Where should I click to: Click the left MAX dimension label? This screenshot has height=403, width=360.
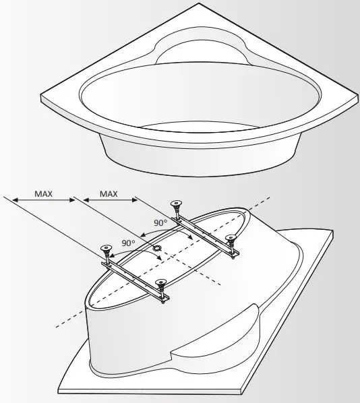(x=44, y=194)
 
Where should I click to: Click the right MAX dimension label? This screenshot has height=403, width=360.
(x=109, y=194)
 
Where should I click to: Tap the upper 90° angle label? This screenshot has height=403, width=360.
(x=160, y=222)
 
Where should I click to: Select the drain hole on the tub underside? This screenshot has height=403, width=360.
(x=156, y=248)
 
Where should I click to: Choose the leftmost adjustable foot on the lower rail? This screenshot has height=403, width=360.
(x=105, y=249)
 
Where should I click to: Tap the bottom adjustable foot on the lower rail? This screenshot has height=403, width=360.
(x=161, y=284)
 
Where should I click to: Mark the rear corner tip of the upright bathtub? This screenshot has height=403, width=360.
(x=200, y=5)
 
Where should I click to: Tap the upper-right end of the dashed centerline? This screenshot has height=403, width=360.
(x=271, y=197)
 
